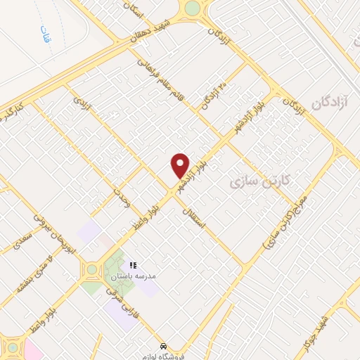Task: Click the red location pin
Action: point(180,166)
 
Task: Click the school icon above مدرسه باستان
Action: point(134,266)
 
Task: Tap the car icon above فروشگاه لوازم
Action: point(163,347)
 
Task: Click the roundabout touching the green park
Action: point(91,269)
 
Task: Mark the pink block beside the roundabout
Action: point(33,350)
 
